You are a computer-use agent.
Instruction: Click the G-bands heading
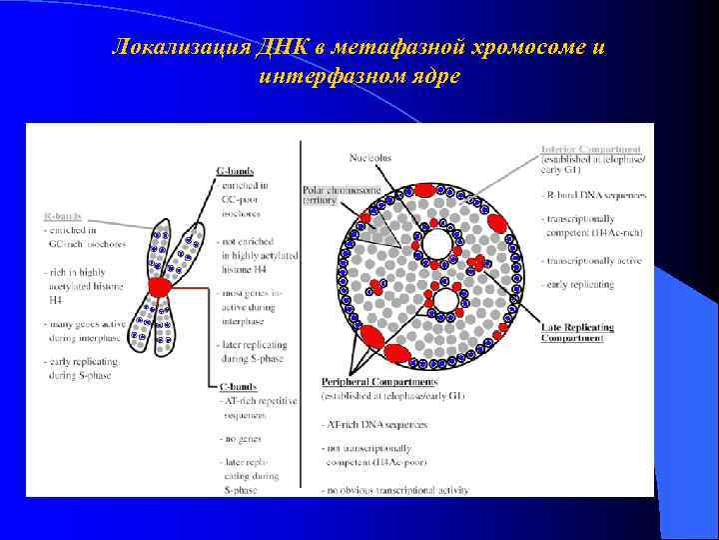(235, 171)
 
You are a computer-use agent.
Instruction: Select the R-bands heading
(62, 215)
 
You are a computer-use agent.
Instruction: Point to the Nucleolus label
(369, 157)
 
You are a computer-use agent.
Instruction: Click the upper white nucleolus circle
(436, 244)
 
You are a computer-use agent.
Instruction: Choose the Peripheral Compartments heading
(378, 382)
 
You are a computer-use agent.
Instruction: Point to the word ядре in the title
(440, 76)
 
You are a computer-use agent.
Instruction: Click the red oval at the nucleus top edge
(423, 189)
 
